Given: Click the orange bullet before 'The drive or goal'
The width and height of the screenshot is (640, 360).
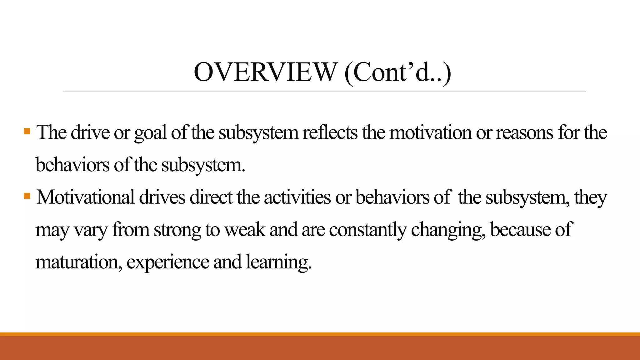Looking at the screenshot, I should (x=27, y=131).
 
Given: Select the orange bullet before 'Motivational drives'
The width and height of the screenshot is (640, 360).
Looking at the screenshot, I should (x=27, y=196).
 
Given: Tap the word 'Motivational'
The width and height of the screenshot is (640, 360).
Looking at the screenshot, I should (x=85, y=197).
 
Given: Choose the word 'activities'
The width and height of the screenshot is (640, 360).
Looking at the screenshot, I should (x=297, y=197).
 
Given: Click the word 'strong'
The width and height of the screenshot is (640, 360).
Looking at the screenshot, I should (x=177, y=230).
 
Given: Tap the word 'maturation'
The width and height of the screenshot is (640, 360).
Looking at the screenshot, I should (x=78, y=262).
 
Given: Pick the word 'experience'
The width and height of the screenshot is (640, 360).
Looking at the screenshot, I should (x=168, y=263).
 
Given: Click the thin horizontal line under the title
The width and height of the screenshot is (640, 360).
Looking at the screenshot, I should (x=324, y=91).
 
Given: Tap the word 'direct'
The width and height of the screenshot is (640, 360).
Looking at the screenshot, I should (x=211, y=197).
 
